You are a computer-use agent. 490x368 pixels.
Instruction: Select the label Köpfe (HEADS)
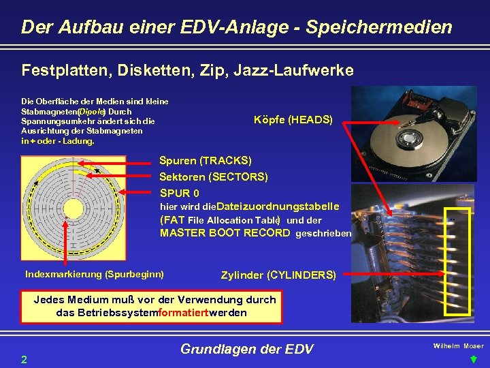(293, 120)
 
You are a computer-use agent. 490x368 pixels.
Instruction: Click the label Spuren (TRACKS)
(205, 161)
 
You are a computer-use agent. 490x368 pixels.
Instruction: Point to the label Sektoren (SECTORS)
(213, 177)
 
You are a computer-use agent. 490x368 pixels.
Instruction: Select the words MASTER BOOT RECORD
(225, 233)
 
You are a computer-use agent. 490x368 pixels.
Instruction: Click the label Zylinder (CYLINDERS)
(278, 275)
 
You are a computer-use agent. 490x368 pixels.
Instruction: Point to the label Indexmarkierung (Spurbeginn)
(94, 274)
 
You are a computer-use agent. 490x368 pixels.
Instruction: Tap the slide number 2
(24, 358)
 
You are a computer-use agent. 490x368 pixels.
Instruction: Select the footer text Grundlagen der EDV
(246, 350)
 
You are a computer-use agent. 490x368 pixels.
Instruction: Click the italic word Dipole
(91, 111)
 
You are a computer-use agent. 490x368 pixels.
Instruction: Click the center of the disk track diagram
(72, 207)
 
